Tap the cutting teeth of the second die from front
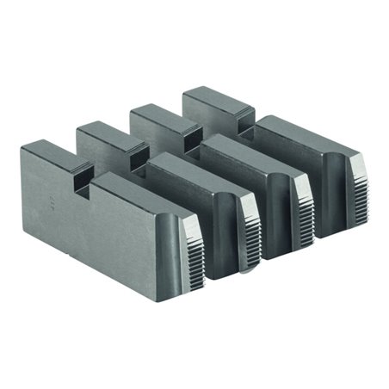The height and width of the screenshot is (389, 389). coord(250,228)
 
